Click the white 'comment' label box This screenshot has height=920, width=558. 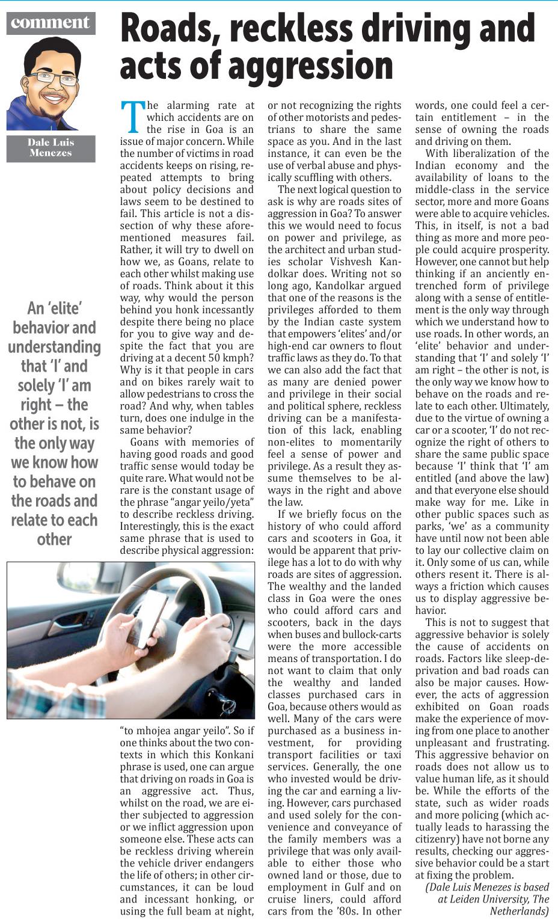coord(51,23)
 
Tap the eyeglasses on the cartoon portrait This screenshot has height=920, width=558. coord(54,78)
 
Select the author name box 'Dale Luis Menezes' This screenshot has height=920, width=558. coord(51,148)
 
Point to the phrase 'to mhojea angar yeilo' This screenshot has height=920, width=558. coord(180,731)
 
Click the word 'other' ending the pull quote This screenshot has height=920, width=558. coord(54,539)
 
